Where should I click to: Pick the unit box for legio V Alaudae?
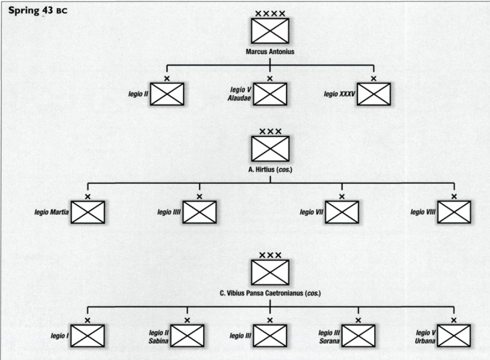(270, 94)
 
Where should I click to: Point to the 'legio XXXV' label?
(339, 94)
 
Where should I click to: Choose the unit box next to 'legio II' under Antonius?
(167, 94)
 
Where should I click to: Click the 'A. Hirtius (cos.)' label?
(270, 169)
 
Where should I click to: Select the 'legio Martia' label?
(52, 212)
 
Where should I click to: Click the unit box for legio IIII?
(199, 212)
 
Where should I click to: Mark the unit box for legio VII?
(342, 212)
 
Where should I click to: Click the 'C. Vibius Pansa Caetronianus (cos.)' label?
(270, 293)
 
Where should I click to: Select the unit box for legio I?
(88, 336)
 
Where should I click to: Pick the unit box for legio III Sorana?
(359, 336)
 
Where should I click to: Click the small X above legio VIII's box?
(454, 197)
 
